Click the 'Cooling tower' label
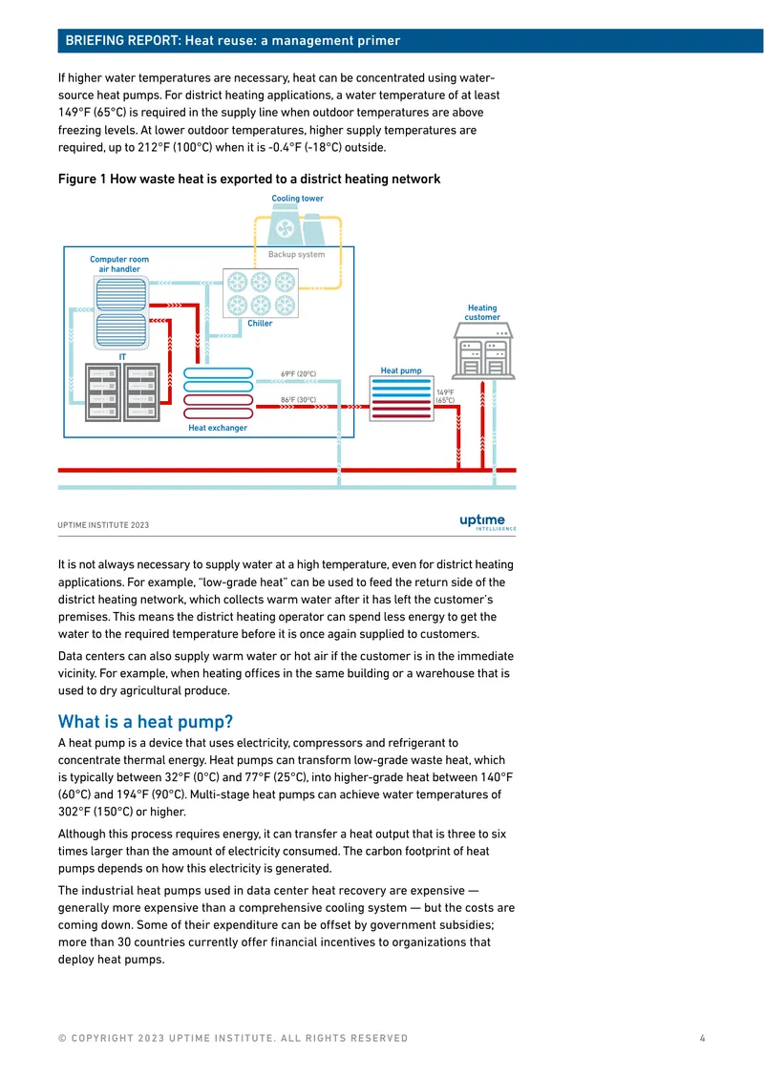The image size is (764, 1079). coord(297,199)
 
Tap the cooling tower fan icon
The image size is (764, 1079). coord(285,228)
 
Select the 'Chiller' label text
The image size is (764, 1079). coord(260,324)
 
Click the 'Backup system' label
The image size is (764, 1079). coord(297,255)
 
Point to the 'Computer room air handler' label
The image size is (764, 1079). coord(119,264)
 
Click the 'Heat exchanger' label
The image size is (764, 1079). coord(218,428)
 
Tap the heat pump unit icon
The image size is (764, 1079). coord(401,399)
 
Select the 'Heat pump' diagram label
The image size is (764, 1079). coord(401,370)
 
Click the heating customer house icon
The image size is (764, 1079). coord(483,351)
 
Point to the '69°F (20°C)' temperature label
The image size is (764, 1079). coord(298,374)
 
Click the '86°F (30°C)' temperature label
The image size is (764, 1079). coord(298,400)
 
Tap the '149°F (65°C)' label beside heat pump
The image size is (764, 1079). coord(445,395)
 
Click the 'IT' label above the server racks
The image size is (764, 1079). coord(122,356)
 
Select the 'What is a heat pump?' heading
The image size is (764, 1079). coord(145,721)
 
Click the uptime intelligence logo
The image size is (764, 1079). coord(487,521)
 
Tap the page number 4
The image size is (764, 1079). coord(702,1038)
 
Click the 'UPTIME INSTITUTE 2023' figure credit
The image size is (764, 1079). coord(103,525)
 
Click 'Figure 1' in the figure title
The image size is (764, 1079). coord(82,179)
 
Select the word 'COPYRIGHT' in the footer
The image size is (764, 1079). coord(101,1038)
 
